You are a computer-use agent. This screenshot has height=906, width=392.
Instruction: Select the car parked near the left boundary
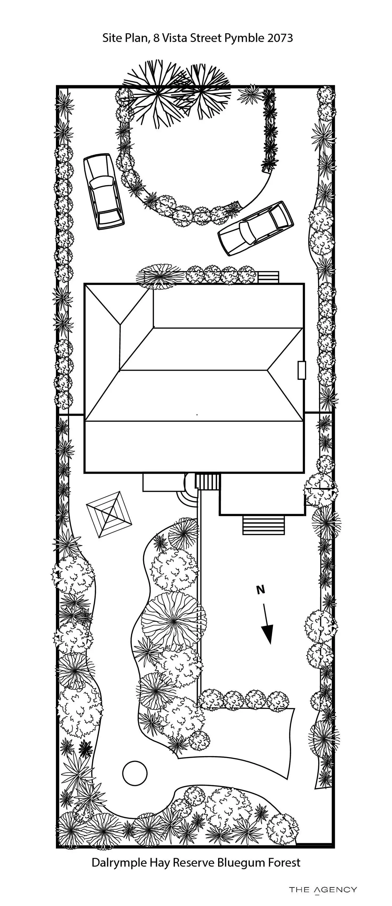103,192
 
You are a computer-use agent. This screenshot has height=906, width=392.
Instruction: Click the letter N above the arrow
260,590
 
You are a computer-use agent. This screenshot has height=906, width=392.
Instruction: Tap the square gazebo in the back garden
109,514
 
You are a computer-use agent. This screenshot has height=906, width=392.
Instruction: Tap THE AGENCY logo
323,890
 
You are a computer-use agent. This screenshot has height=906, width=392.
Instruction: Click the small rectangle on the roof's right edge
302,370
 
